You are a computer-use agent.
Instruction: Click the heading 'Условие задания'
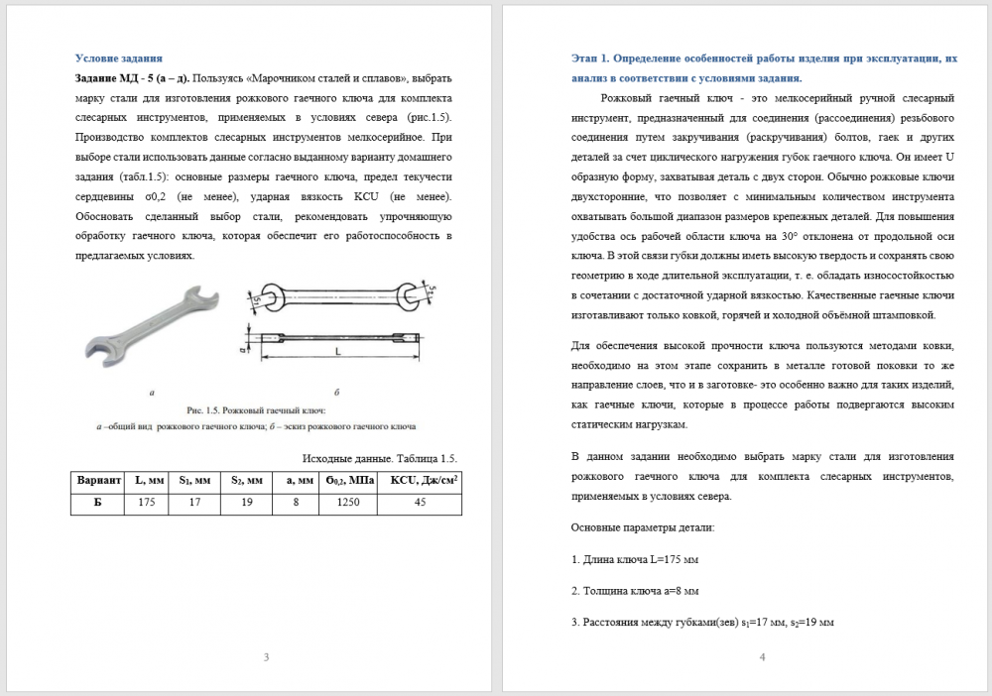point(120,58)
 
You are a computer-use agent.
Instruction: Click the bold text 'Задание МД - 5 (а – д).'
point(133,77)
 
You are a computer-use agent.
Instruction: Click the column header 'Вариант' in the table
point(99,480)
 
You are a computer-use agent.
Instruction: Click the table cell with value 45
point(420,503)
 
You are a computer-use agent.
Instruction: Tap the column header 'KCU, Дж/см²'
point(421,480)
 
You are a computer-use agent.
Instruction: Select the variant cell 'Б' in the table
point(99,503)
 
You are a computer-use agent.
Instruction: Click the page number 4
point(762,656)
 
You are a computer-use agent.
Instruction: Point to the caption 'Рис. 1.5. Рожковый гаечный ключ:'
point(256,409)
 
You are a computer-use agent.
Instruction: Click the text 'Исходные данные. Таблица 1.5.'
point(378,457)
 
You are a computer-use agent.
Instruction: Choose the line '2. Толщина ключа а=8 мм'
point(635,591)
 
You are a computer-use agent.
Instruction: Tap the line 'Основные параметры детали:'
point(643,527)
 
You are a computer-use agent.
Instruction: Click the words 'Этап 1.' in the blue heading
point(595,58)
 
